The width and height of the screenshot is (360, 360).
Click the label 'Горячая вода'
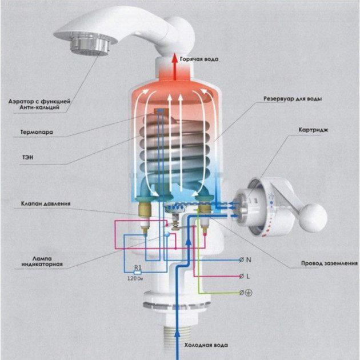[199, 59]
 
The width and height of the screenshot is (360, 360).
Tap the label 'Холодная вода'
[205, 345]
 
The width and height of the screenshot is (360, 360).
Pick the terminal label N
[249, 259]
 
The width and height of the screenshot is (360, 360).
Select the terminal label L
[249, 276]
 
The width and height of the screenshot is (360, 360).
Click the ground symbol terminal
[249, 293]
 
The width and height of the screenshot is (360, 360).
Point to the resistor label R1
[137, 267]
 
